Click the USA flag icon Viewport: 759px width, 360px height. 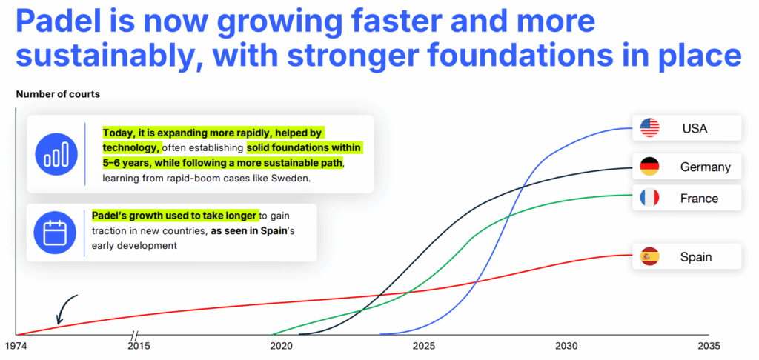(649, 127)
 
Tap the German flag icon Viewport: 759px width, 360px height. (649, 167)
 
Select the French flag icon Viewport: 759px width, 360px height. (649, 198)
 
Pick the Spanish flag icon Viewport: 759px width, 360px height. (649, 256)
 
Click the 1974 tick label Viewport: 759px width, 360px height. (16, 347)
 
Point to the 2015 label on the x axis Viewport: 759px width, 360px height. (139, 347)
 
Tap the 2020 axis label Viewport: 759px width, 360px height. (281, 347)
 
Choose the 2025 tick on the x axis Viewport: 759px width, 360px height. (423, 347)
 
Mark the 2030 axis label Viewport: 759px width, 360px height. (566, 347)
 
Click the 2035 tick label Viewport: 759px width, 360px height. (708, 347)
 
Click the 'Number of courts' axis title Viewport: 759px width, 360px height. (58, 94)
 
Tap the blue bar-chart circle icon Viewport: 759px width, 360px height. (56, 153)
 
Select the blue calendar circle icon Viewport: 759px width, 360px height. (55, 233)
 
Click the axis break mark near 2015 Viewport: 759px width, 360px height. (135, 334)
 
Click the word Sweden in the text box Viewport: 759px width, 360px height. (292, 178)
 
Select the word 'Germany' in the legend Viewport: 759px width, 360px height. (706, 167)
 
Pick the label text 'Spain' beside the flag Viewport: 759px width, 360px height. (696, 257)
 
